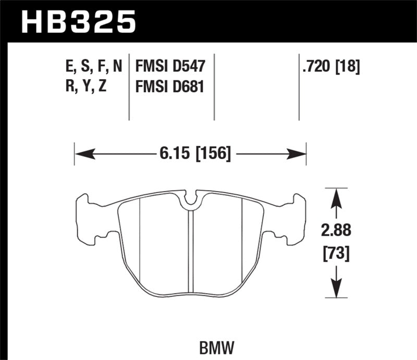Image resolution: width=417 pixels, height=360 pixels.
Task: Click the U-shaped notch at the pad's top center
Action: [191, 198]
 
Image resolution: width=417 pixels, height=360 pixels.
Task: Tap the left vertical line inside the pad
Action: [141, 240]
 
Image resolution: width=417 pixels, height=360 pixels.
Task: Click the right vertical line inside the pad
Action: [242, 240]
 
